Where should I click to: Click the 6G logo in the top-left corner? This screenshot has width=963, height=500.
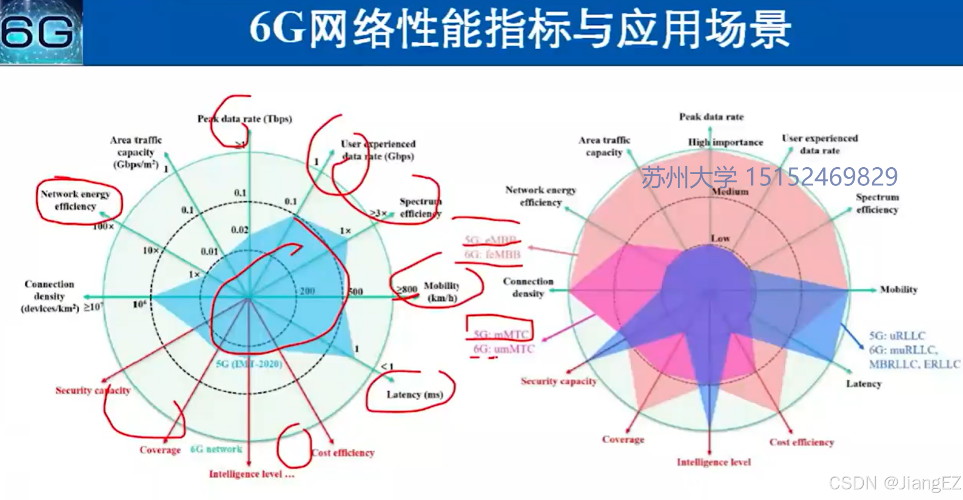coord(40,32)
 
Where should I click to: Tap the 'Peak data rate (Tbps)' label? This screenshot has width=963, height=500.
coord(245,119)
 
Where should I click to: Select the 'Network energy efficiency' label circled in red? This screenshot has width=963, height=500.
coord(75,200)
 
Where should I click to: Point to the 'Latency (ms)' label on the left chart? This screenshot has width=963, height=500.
coord(414,394)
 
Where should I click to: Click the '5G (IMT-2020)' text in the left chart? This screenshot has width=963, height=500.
coord(249,364)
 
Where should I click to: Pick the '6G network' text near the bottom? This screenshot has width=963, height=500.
coord(216,449)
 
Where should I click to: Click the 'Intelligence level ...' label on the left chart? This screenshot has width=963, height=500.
coord(251,474)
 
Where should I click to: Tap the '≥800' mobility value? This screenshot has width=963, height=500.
coord(407,289)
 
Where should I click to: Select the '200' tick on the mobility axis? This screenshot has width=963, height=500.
coord(307,291)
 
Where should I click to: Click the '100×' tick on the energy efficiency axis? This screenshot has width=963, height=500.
coord(103,227)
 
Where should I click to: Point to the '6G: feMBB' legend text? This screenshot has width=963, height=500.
coord(492,255)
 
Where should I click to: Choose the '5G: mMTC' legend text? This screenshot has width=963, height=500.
coord(501,334)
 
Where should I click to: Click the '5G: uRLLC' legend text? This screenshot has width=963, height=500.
coord(897,335)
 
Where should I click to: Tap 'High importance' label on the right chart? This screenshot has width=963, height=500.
coord(725,142)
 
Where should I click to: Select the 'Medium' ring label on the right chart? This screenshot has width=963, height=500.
coord(730,192)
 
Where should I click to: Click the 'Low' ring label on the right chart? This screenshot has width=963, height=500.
coord(720,238)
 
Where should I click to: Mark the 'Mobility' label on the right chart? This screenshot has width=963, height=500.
coord(898,289)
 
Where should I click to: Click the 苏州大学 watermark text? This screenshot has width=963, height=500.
coord(689,177)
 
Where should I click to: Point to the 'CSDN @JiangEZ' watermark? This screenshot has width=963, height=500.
coord(895,482)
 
